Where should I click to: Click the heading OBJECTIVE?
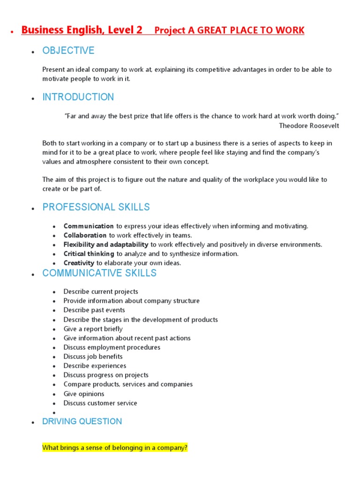(68, 51)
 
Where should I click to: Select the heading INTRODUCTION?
(78, 97)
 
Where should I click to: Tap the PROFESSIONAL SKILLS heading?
(96, 207)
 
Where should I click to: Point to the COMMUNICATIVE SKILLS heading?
(99, 273)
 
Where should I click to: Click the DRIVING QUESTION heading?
(82, 421)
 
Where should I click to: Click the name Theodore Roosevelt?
(309, 125)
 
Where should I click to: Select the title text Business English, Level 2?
(82, 30)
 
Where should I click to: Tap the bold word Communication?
(89, 226)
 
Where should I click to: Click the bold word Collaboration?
(85, 235)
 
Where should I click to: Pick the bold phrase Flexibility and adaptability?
(106, 245)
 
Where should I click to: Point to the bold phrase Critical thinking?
(89, 254)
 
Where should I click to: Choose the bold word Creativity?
(79, 263)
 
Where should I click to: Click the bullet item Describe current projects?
(101, 292)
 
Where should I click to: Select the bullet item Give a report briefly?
(93, 329)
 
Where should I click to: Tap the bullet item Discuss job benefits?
(93, 356)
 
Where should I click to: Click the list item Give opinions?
(84, 394)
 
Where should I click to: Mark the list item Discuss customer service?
(100, 403)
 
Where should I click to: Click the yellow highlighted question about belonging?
(115, 448)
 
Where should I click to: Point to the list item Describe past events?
(94, 310)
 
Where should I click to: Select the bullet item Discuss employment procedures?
(112, 347)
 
